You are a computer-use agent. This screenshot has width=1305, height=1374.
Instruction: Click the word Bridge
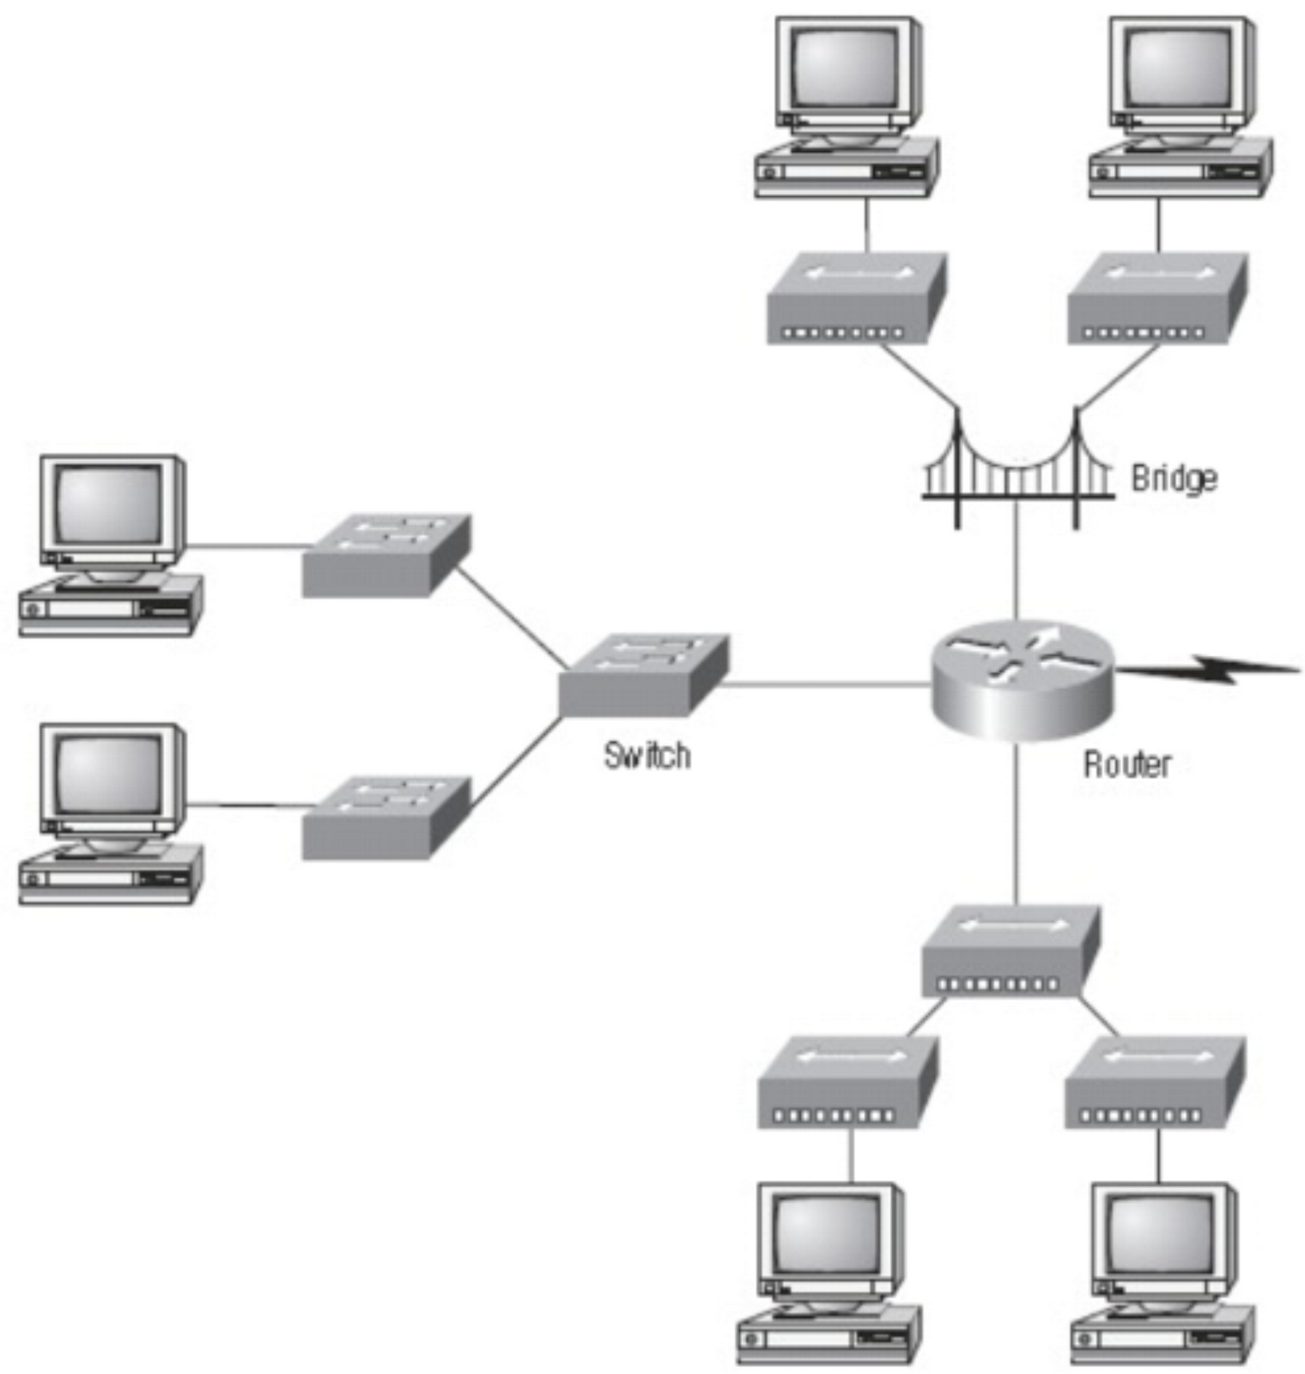pyautogui.click(x=1173, y=478)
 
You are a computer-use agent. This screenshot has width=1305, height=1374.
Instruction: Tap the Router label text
pyautogui.click(x=1126, y=763)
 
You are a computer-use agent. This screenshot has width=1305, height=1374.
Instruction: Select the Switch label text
pyautogui.click(x=646, y=756)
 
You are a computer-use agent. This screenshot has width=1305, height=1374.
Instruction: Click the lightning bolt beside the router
pyautogui.click(x=1211, y=669)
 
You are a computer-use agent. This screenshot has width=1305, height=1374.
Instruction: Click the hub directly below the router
pyautogui.click(x=1010, y=951)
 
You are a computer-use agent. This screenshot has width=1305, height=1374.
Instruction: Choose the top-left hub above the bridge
pyautogui.click(x=855, y=298)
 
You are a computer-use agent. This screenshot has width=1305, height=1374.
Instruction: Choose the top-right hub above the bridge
pyautogui.click(x=1156, y=298)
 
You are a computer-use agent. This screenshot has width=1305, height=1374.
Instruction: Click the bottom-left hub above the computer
pyautogui.click(x=847, y=1082)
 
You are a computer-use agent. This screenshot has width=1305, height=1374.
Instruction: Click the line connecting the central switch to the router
pyautogui.click(x=824, y=684)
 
